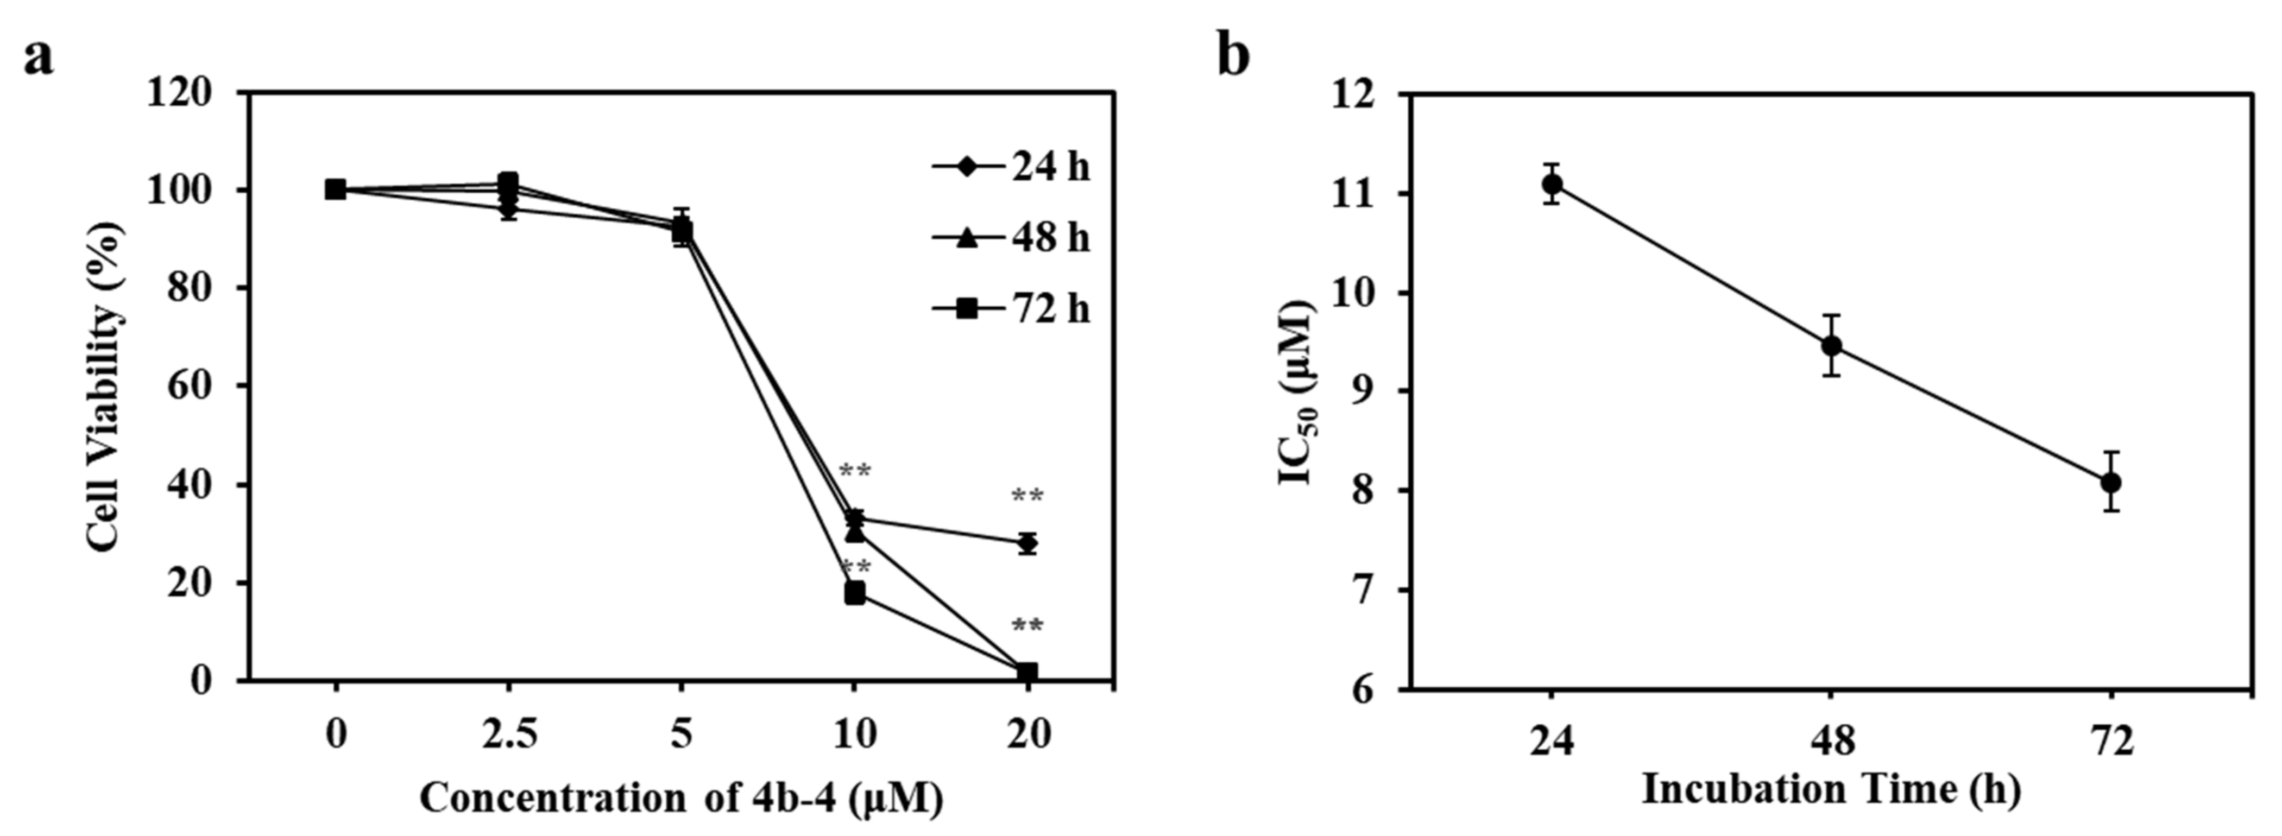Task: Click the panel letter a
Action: (38, 59)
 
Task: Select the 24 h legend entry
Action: (1011, 167)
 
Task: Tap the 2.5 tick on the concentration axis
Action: (508, 735)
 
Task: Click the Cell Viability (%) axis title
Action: (104, 387)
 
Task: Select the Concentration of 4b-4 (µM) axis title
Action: (680, 798)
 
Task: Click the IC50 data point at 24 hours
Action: (1552, 184)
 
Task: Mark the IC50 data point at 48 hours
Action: (1832, 345)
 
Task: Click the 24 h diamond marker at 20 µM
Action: (1027, 543)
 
